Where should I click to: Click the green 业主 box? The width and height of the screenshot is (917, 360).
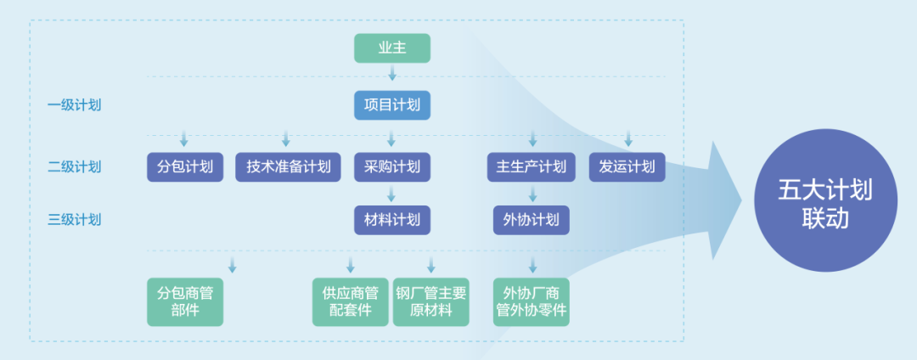pyautogui.click(x=391, y=48)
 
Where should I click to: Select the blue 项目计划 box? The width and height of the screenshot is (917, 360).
pyautogui.click(x=391, y=105)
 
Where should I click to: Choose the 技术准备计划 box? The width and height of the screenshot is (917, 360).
pyautogui.click(x=288, y=166)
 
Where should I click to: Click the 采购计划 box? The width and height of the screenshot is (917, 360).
pyautogui.click(x=391, y=166)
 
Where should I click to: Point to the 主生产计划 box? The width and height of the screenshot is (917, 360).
pyautogui.click(x=532, y=166)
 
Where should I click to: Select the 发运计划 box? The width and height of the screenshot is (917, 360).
pyautogui.click(x=627, y=166)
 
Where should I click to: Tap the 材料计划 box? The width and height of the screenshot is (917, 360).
pyautogui.click(x=391, y=220)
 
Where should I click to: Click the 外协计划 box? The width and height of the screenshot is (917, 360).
pyautogui.click(x=532, y=220)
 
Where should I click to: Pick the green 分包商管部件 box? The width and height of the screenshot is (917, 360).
pyautogui.click(x=185, y=301)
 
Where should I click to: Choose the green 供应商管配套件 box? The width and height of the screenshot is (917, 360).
pyautogui.click(x=350, y=301)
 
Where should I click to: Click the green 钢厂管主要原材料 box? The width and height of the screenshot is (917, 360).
pyautogui.click(x=431, y=301)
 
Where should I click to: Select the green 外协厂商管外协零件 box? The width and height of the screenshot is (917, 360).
pyautogui.click(x=532, y=301)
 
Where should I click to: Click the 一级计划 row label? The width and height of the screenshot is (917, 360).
pyautogui.click(x=74, y=105)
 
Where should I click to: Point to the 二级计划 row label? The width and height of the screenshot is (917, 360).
pyautogui.click(x=74, y=166)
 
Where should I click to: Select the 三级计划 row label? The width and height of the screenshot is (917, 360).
pyautogui.click(x=74, y=220)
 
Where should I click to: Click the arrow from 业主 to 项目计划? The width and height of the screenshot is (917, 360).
pyautogui.click(x=391, y=74)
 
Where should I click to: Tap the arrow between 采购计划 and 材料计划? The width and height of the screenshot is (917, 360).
pyautogui.click(x=391, y=194)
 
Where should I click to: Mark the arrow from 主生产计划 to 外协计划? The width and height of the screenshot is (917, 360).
pyautogui.click(x=532, y=194)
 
